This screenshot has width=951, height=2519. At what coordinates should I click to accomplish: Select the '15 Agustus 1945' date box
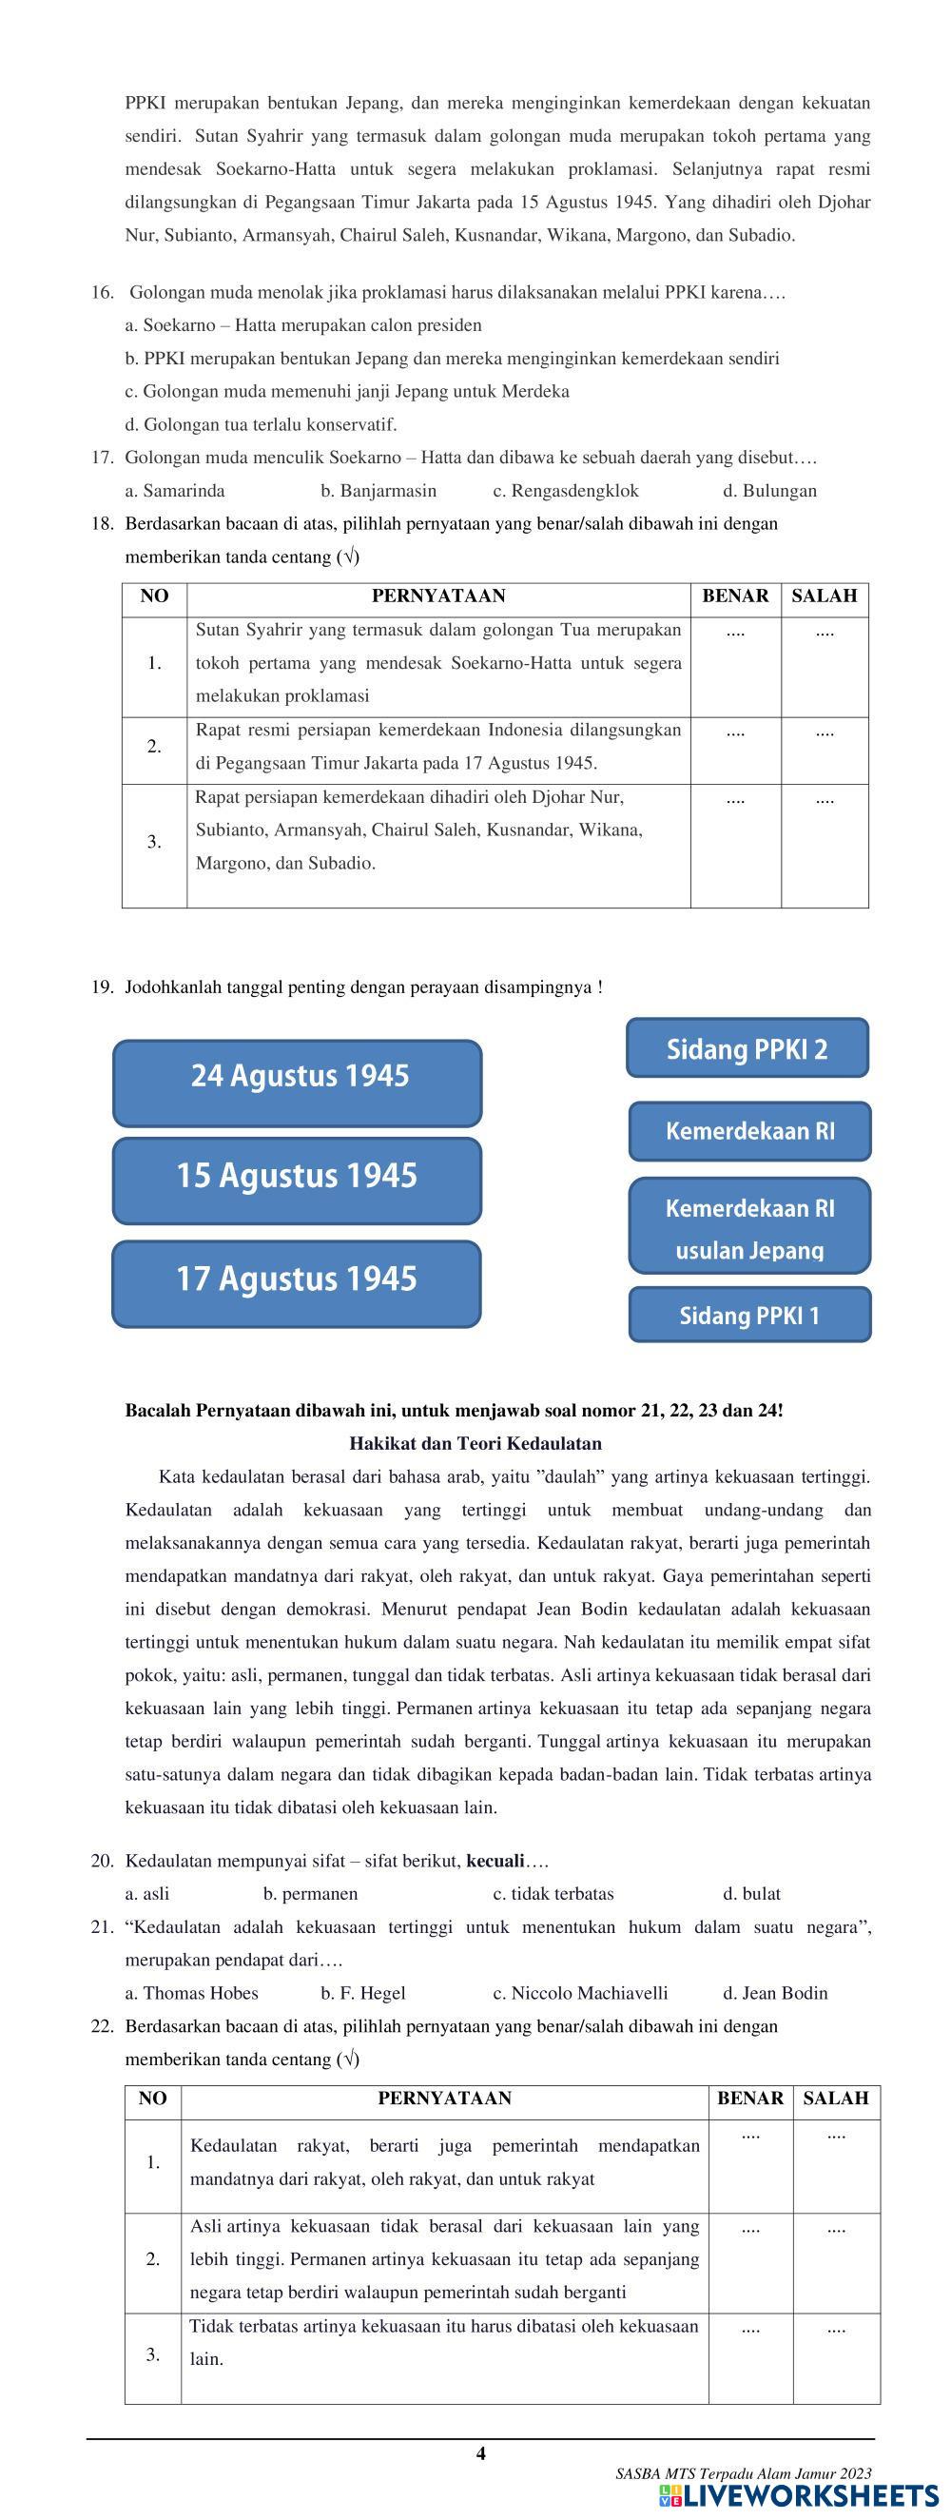click(x=297, y=1181)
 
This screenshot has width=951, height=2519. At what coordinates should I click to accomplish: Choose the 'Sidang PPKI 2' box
click(x=747, y=1048)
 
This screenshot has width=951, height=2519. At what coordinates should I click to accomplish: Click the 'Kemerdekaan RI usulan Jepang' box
click(x=748, y=1226)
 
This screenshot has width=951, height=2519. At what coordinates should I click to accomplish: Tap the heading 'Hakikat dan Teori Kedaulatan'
click(x=475, y=1443)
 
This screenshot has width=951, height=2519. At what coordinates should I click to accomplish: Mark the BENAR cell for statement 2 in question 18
click(x=735, y=751)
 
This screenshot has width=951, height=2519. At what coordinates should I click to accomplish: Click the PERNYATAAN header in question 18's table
click(x=437, y=596)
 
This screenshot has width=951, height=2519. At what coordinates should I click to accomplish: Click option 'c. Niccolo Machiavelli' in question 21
click(x=579, y=1993)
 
